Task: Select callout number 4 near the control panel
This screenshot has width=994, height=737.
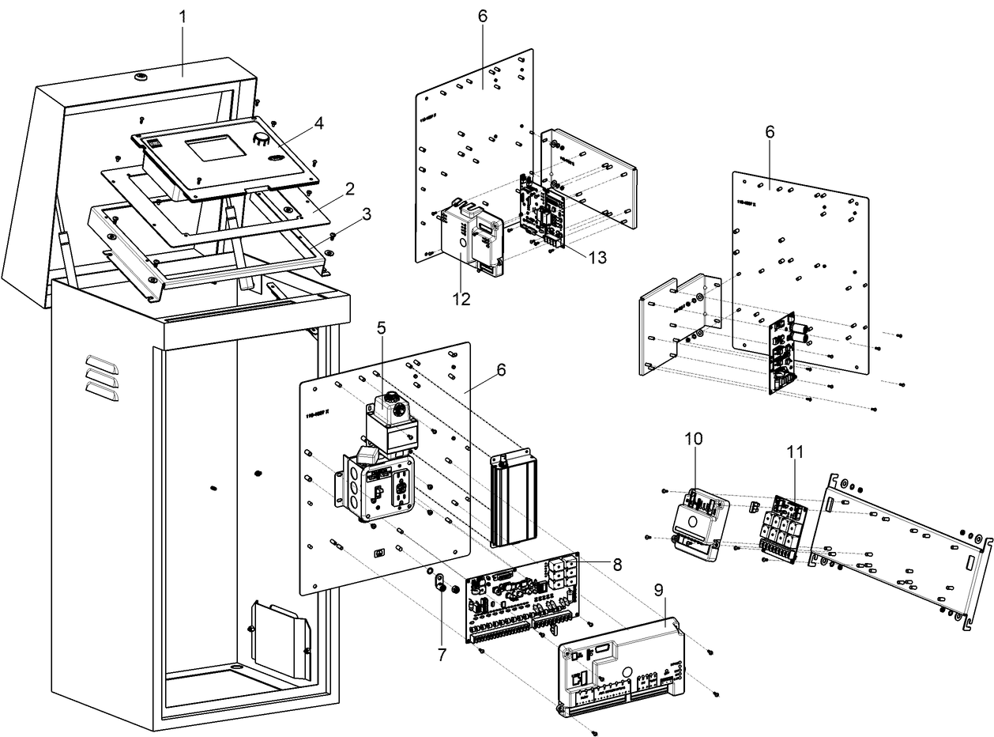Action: [318, 123]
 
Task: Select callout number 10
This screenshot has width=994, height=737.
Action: [693, 437]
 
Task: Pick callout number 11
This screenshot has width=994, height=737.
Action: [795, 452]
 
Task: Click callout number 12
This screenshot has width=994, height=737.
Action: [461, 299]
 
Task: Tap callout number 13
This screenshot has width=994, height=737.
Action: [598, 257]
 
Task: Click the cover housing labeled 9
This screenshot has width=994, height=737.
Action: [624, 664]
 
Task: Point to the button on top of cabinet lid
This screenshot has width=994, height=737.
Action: [141, 77]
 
